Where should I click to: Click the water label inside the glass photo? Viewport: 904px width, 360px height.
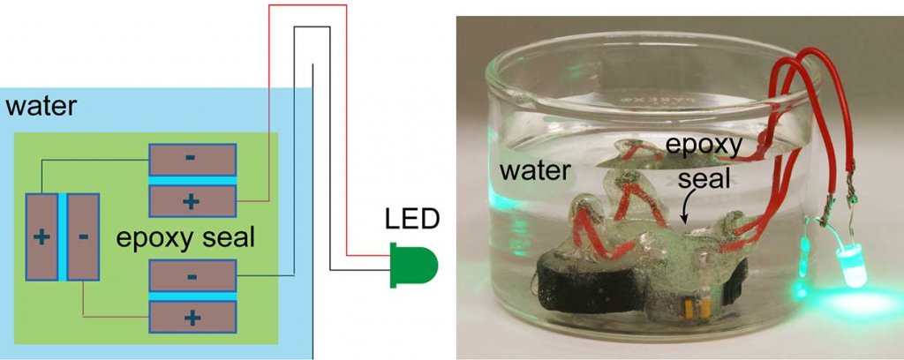[534, 169]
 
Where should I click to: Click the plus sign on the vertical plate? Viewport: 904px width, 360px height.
[41, 237]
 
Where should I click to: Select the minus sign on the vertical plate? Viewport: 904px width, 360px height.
[84, 236]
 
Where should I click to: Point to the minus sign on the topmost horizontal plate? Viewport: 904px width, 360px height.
[192, 158]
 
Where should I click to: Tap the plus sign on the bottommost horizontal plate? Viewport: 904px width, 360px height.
[192, 317]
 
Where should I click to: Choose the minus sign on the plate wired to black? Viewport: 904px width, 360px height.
[192, 276]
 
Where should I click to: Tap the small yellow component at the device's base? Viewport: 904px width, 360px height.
[689, 308]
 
